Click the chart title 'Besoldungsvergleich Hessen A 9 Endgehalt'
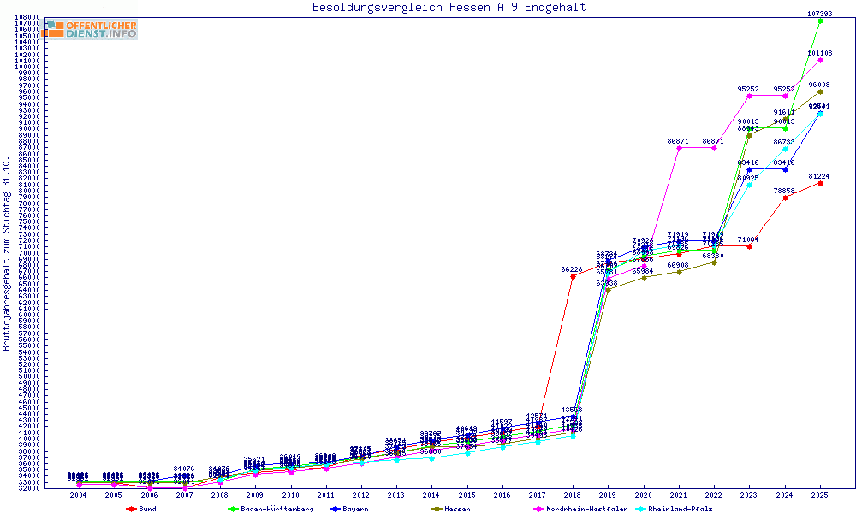pyautogui.click(x=449, y=8)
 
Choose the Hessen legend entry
pyautogui.click(x=456, y=509)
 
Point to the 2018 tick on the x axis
pyautogui.click(x=572, y=495)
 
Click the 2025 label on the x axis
pyautogui.click(x=820, y=495)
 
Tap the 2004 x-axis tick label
pyautogui.click(x=78, y=495)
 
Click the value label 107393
pyautogui.click(x=820, y=14)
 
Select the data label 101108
pyautogui.click(x=820, y=53)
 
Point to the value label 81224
pyautogui.click(x=820, y=176)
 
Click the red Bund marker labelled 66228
pyautogui.click(x=572, y=276)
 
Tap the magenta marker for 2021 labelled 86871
pyautogui.click(x=679, y=148)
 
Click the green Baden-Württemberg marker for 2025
pyautogui.click(x=820, y=21)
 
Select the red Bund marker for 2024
pyautogui.click(x=785, y=197)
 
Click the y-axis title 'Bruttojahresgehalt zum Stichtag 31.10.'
pyautogui.click(x=7, y=254)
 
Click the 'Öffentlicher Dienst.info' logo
pyautogui.click(x=90, y=29)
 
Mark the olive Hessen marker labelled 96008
pyautogui.click(x=820, y=91)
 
